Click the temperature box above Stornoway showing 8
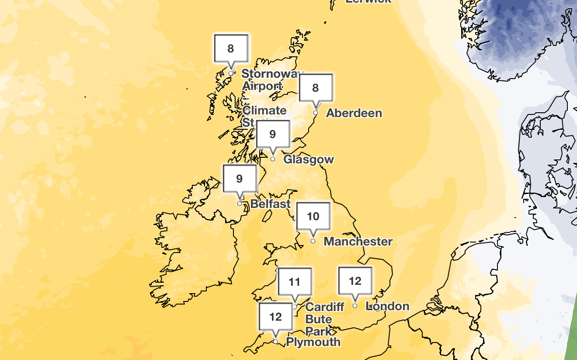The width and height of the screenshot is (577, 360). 231,48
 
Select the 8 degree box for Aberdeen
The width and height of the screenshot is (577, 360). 316,88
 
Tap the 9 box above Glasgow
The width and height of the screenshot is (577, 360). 273,134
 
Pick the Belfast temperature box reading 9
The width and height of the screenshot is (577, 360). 239,178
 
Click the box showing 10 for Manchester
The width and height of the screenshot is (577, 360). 313,216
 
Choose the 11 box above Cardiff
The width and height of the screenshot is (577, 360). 295,282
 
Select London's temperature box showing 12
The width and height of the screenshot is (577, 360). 355,281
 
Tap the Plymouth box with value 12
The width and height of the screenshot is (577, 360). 275,316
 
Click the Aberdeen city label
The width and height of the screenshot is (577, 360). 354,113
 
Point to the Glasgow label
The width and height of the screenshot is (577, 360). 309,159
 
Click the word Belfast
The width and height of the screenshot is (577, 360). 271,204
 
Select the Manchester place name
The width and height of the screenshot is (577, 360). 358,241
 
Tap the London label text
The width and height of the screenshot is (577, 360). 388,306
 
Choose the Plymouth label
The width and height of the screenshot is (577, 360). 313,342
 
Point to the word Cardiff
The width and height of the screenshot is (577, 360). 325,307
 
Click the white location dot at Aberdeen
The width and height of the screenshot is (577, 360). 315,113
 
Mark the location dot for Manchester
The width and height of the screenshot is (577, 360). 313,241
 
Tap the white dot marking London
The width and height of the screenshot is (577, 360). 355,306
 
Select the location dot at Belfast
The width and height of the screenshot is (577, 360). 240,204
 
